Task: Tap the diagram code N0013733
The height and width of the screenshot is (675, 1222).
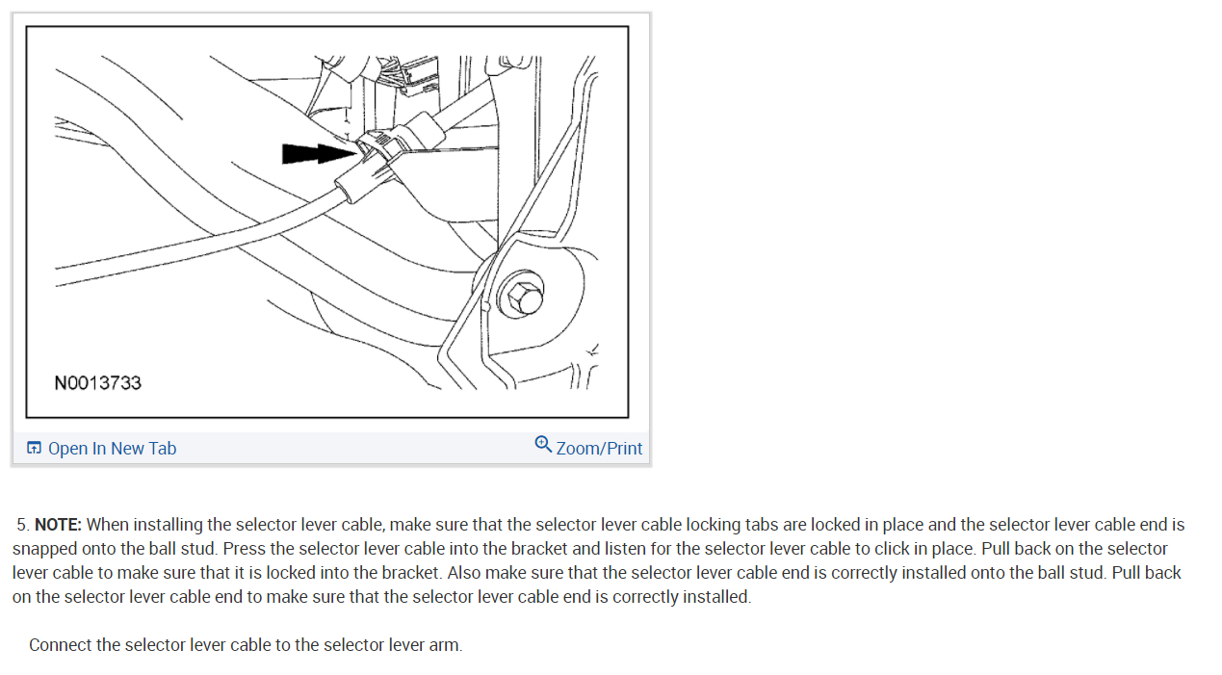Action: (97, 383)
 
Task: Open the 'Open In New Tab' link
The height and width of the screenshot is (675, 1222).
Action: (112, 449)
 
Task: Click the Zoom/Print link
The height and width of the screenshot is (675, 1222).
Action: (599, 449)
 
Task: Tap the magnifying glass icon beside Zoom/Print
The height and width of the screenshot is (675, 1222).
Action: (543, 444)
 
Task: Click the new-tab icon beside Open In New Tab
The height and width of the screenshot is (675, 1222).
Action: (34, 449)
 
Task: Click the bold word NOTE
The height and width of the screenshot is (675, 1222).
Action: (58, 525)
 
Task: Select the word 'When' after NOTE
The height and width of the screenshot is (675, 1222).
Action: (107, 525)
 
